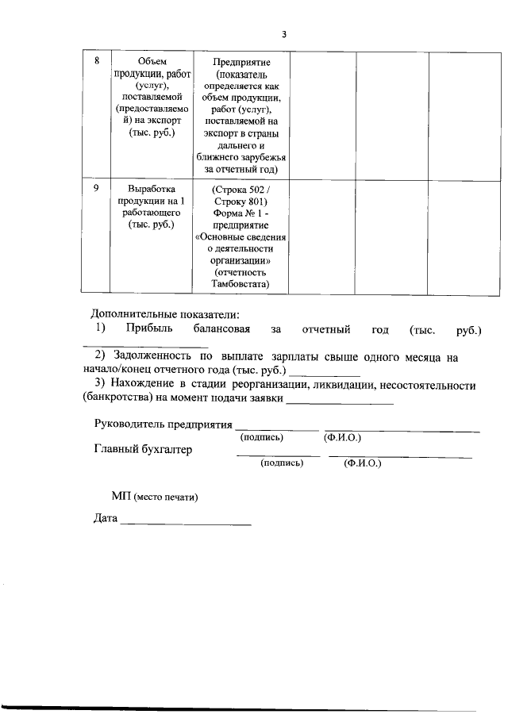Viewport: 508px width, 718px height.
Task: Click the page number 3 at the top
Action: (x=283, y=34)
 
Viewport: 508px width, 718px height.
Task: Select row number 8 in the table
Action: (x=97, y=61)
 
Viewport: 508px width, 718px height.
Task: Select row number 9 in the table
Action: (x=96, y=189)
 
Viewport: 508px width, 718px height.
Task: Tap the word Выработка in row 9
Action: (x=150, y=189)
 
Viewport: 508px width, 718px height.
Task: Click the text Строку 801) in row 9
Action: (x=242, y=202)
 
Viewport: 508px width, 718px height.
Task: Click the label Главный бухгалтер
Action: (x=143, y=449)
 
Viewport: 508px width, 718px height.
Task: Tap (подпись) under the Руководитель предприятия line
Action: (x=262, y=437)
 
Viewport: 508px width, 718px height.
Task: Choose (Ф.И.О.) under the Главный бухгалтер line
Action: (x=363, y=463)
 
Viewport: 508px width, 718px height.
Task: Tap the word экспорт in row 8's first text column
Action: (x=163, y=120)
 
